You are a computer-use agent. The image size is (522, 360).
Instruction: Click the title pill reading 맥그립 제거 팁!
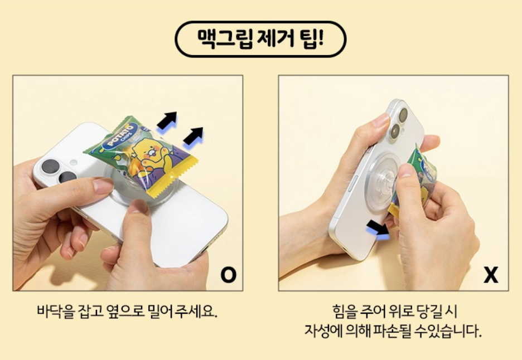click(261, 39)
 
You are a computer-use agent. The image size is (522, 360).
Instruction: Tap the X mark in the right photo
click(491, 275)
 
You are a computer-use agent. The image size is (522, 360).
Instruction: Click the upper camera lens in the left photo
click(51, 166)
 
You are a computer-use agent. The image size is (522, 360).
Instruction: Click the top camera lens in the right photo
click(403, 115)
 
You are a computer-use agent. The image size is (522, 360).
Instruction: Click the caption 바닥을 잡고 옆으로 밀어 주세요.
click(127, 310)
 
